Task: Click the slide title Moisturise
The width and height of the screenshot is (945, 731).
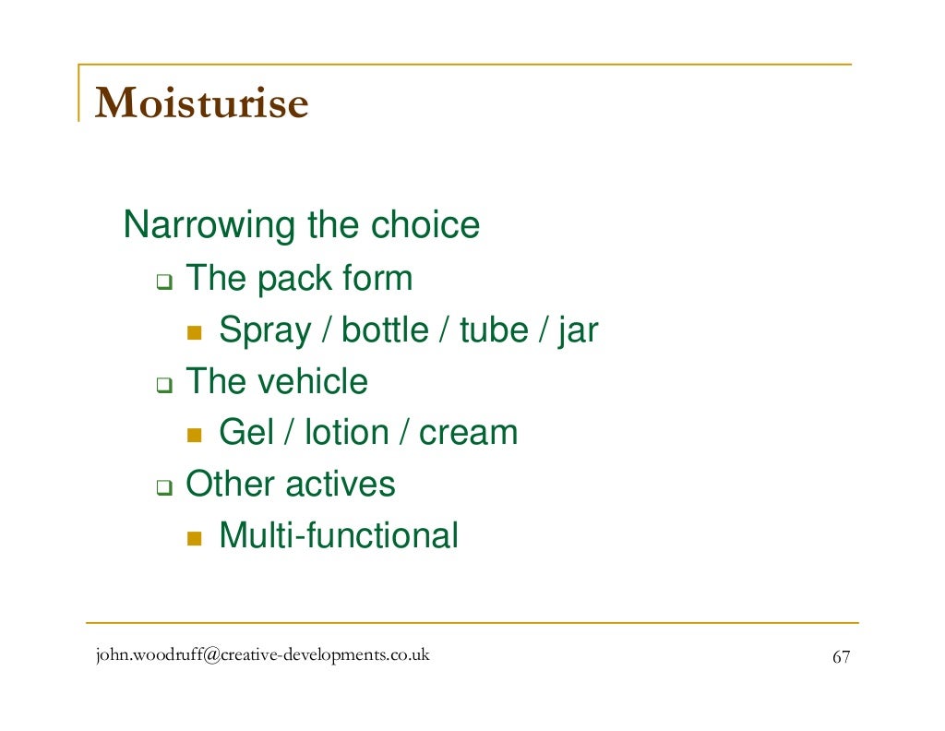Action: (x=201, y=103)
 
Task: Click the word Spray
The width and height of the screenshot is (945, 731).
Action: (x=265, y=330)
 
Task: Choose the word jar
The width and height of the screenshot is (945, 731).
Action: (x=578, y=330)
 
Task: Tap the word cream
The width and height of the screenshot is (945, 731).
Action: (x=468, y=433)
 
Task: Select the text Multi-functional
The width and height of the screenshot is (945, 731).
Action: (x=338, y=536)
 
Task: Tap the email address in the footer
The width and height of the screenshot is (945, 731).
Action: (x=262, y=656)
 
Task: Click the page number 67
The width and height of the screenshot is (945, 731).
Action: (x=841, y=657)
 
